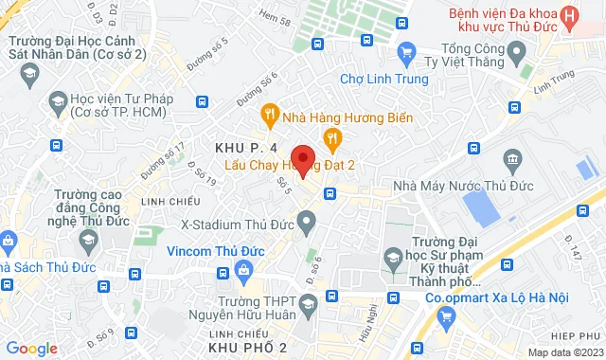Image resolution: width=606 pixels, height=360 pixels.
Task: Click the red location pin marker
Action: pos(302,159)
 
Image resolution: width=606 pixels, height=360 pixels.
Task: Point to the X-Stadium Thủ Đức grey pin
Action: pos(307,224)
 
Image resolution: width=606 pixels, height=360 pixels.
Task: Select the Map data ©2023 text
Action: pos(564,352)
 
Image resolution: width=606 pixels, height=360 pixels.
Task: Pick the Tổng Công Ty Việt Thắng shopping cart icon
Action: pos(406,52)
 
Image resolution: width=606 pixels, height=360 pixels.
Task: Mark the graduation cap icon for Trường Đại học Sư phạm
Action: pos(393,258)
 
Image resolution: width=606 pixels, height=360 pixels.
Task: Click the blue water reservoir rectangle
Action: pos(483,206)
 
